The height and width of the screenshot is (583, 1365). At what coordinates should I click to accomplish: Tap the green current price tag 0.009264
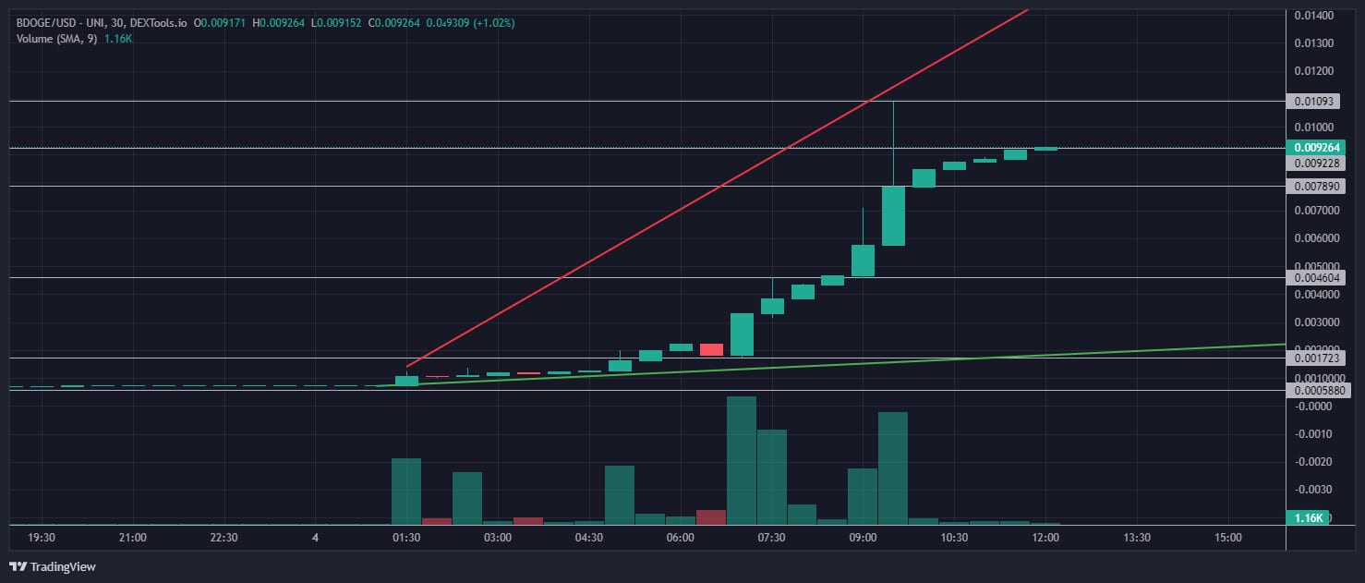click(x=1319, y=147)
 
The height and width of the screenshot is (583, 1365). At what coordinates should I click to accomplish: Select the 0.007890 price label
click(x=1317, y=186)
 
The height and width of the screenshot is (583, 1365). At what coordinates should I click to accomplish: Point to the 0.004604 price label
click(x=1317, y=277)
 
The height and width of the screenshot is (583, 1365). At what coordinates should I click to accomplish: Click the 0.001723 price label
click(x=1317, y=358)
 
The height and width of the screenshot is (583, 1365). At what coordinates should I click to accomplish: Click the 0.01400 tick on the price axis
click(x=1312, y=15)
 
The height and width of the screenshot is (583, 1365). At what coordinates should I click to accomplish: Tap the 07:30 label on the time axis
click(x=771, y=538)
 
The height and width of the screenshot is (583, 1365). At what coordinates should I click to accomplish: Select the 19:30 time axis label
click(x=42, y=538)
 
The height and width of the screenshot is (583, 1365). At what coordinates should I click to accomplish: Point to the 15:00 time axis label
click(x=1227, y=538)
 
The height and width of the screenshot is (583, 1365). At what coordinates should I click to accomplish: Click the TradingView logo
click(x=53, y=566)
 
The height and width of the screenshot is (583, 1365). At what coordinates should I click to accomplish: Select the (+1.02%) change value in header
click(x=494, y=21)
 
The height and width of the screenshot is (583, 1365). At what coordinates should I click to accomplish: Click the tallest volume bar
click(x=742, y=460)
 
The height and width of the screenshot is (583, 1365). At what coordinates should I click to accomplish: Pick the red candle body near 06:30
click(x=711, y=349)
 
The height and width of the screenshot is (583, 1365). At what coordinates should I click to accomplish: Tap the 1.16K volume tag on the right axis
click(x=1309, y=517)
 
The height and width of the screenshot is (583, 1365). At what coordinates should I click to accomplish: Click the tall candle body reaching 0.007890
click(x=893, y=215)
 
